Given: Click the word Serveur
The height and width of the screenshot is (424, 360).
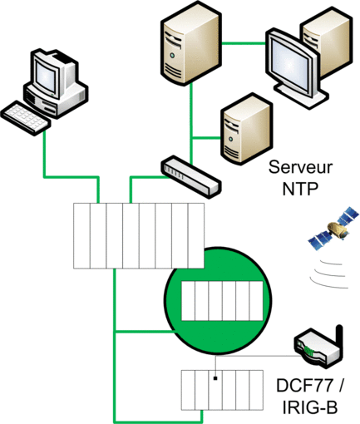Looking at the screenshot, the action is click(x=300, y=167).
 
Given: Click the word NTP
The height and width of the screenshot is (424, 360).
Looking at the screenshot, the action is click(x=300, y=189).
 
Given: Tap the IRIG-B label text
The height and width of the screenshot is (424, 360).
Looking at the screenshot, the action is click(x=310, y=407).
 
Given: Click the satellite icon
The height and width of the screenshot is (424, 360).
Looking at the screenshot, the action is click(x=333, y=228).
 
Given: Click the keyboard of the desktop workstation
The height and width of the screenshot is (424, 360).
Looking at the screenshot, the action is click(x=26, y=117).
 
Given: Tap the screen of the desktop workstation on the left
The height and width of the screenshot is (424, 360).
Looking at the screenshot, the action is click(x=46, y=76).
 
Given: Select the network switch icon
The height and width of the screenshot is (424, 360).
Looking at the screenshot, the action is click(x=191, y=176).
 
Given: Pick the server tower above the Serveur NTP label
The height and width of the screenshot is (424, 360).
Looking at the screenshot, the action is click(x=245, y=129).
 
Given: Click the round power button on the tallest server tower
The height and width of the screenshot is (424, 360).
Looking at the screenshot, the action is click(x=172, y=56).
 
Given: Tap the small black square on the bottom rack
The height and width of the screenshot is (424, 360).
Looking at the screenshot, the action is click(x=215, y=378).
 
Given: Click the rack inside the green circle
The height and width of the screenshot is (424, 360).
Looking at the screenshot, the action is click(x=222, y=301).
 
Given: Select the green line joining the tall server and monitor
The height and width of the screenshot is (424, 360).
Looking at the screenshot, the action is click(x=244, y=43).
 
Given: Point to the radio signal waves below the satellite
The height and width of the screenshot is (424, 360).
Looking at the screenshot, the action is click(x=329, y=274).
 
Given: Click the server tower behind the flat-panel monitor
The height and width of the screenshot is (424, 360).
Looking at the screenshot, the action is click(x=327, y=42).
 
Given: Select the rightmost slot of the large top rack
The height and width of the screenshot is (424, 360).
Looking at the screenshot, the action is click(x=196, y=236).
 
